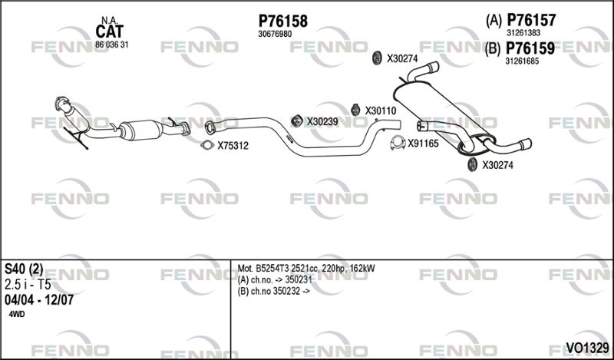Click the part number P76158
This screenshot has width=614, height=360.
click(282, 21)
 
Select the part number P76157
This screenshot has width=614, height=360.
click(531, 20)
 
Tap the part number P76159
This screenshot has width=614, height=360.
click(530, 48)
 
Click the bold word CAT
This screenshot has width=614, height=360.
click(109, 31)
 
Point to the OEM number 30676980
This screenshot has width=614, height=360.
click(275, 34)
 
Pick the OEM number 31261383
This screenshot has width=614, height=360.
click(523, 33)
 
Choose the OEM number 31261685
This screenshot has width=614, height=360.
click(523, 61)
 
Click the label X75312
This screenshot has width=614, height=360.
click(233, 146)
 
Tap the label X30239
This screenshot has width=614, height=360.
click(322, 122)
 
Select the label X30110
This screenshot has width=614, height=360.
click(381, 111)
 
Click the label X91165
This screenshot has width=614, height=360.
click(424, 144)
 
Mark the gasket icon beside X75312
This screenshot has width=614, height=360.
click(207, 145)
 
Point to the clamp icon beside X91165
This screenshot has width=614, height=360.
click(398, 143)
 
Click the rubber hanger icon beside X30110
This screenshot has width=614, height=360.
click(355, 110)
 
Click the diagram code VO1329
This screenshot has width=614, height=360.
click(587, 347)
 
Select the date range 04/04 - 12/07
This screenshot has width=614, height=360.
click(39, 300)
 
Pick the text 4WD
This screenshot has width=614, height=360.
click(16, 315)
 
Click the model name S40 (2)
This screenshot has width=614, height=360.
click(24, 269)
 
